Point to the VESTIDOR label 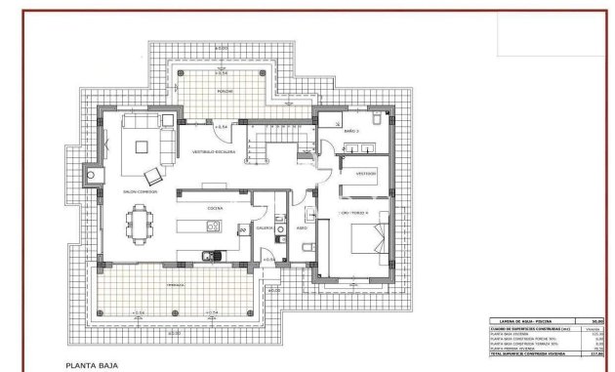(366, 173)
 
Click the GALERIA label (265, 227)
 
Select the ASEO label (303, 228)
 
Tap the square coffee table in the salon (143, 148)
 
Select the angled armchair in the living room (154, 177)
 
